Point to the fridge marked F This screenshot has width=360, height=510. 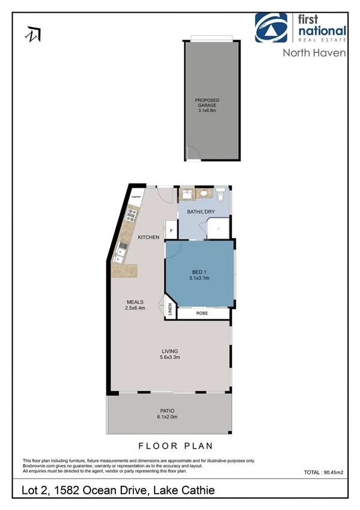(171, 231)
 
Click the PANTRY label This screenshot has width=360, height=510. (136, 194)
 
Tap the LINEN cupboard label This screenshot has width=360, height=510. (170, 311)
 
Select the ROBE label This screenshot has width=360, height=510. (201, 314)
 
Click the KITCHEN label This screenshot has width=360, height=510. (148, 238)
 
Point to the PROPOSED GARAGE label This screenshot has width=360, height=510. (207, 102)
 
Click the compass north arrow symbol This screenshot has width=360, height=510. (31, 34)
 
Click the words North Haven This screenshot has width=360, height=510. (314, 53)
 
